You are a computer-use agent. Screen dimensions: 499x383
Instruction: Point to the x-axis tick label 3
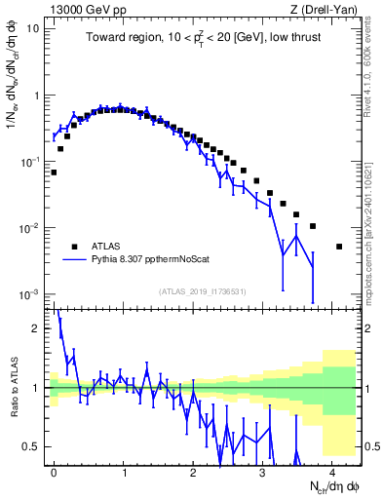pyautogui.click(x=262, y=471)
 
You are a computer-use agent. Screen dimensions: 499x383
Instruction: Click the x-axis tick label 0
pyautogui.click(x=54, y=471)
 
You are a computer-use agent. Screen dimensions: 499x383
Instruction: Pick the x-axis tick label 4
pyautogui.click(x=331, y=471)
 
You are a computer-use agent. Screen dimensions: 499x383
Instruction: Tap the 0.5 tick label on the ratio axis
pyautogui.click(x=36, y=446)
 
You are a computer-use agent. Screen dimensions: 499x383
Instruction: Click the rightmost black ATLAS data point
pyautogui.click(x=339, y=247)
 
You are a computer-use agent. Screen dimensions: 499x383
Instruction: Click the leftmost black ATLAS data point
pyautogui.click(x=54, y=173)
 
